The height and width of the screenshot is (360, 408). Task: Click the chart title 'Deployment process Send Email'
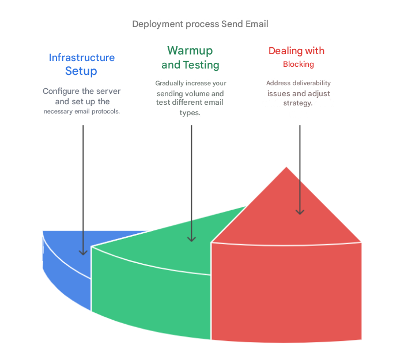click(200, 24)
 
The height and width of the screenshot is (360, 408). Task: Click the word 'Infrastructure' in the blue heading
click(82, 58)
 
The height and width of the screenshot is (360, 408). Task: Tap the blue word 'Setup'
click(81, 71)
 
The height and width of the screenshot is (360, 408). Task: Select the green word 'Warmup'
click(190, 51)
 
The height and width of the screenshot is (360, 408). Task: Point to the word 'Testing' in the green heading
click(201, 65)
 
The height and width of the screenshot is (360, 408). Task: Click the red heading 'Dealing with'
click(296, 51)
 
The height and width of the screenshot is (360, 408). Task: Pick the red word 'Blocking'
click(299, 65)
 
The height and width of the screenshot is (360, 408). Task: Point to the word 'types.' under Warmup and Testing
click(190, 113)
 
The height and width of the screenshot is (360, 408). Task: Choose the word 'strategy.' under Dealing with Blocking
click(298, 103)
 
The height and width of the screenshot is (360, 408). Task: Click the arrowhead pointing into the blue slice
click(83, 252)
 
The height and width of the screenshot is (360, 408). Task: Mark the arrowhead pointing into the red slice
click(300, 212)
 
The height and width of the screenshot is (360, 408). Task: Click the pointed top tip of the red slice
click(286, 167)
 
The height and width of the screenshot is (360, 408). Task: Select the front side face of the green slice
click(151, 294)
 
